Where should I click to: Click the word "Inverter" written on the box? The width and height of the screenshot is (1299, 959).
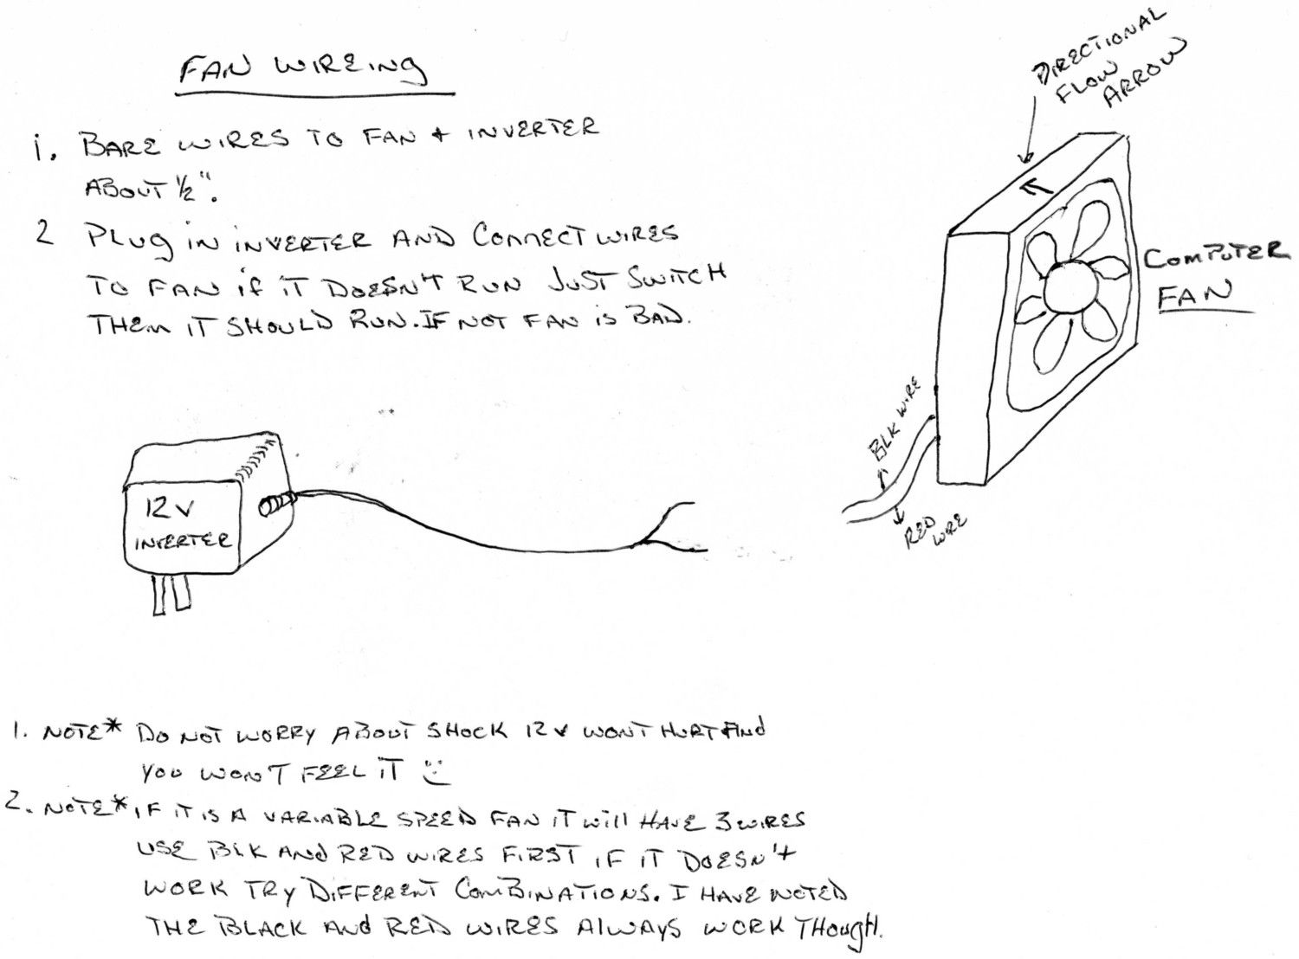tap(184, 541)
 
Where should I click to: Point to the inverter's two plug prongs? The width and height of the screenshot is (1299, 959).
tap(172, 594)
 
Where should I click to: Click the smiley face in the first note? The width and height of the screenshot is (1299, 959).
tap(436, 772)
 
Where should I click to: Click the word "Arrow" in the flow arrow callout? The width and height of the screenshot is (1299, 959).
tap(1145, 74)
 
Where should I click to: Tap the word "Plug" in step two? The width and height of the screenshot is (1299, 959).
tap(132, 241)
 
